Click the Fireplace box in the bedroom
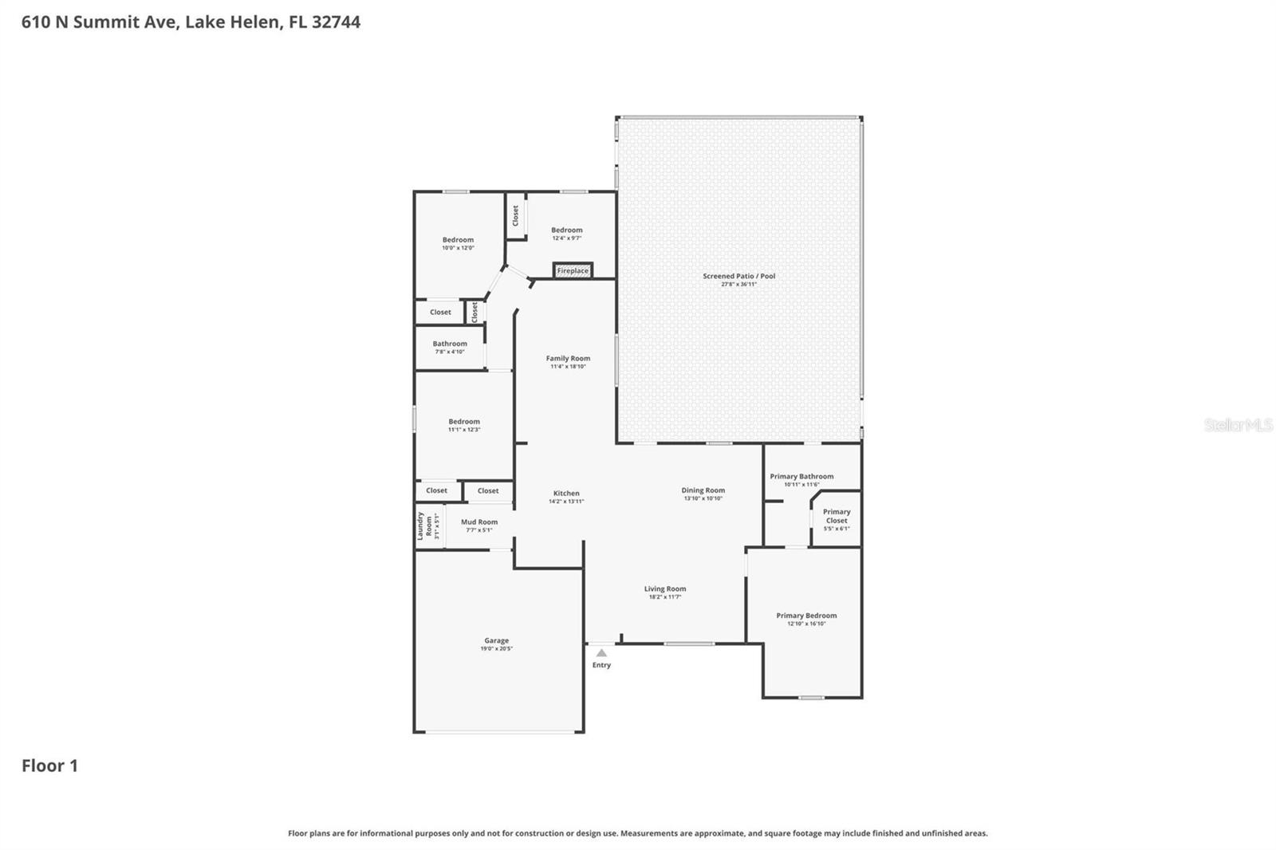573,270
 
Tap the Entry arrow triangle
601,653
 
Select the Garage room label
496,640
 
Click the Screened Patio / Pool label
738,276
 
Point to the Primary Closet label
837,516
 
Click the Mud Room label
479,522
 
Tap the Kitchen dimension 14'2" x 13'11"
566,502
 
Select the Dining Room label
703,490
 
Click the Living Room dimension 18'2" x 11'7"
665,596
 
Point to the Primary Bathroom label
801,476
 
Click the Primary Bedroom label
806,616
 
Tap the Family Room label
568,358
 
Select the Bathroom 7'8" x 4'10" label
450,347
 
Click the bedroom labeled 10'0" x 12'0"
458,243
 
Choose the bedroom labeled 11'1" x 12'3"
464,425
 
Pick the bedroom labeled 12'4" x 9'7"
566,234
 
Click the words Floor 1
49,765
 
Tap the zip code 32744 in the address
336,22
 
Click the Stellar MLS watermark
1238,425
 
